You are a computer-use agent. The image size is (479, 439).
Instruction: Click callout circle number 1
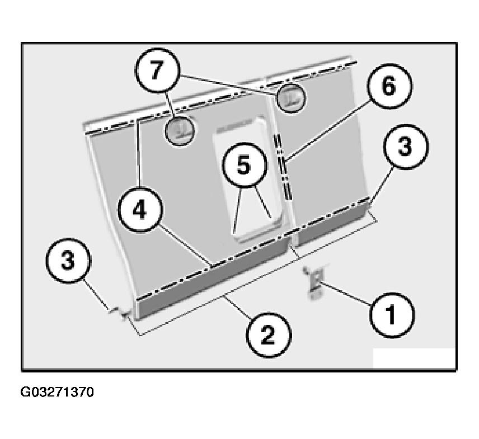click(392, 315)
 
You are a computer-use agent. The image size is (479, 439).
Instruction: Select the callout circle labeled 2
click(269, 334)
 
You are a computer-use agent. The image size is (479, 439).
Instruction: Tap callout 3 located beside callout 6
click(405, 147)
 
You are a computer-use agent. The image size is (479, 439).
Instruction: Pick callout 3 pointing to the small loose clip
click(68, 261)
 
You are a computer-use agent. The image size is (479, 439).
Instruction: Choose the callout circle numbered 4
click(140, 210)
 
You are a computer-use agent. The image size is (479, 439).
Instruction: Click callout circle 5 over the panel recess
click(244, 165)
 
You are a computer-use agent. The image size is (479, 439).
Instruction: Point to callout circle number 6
click(389, 86)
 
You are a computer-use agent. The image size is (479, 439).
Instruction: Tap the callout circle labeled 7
click(157, 70)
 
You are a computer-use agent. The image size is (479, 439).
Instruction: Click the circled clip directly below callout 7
click(180, 131)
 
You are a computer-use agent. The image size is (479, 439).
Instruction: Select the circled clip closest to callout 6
click(291, 97)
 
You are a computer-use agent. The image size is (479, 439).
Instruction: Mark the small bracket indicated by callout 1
click(314, 282)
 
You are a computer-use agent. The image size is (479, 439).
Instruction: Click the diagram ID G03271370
click(57, 392)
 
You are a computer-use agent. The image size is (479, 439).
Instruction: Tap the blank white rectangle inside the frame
click(415, 358)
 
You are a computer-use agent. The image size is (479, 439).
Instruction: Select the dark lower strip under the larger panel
click(213, 279)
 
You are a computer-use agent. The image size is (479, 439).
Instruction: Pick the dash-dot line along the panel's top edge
click(220, 97)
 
